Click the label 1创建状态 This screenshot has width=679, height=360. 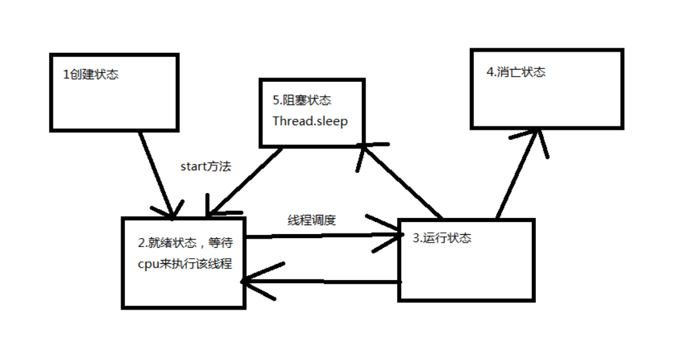(90, 75)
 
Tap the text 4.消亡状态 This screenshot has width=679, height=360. (516, 72)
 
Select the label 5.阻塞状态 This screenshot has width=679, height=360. (302, 101)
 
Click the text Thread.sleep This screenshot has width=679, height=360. (310, 121)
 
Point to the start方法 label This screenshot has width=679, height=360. (206, 166)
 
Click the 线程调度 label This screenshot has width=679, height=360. (311, 220)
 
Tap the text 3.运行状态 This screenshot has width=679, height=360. (442, 238)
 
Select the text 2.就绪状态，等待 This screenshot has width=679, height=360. (184, 243)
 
